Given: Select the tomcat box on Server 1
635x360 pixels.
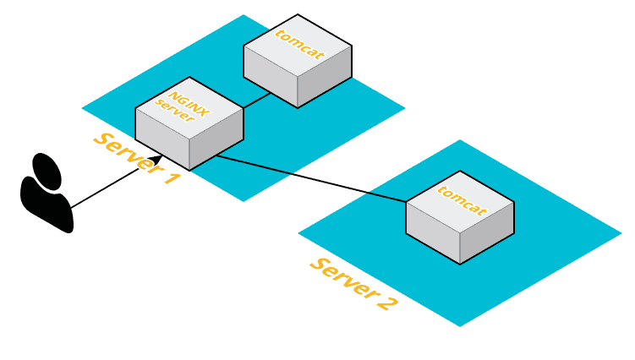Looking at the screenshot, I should click(x=297, y=60).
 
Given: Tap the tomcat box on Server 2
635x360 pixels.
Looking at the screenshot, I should click(x=459, y=220).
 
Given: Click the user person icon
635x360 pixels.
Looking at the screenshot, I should click(x=46, y=193).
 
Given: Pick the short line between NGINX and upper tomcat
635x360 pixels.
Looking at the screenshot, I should click(x=257, y=100).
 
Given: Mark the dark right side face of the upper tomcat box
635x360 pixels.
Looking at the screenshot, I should click(x=325, y=82).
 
